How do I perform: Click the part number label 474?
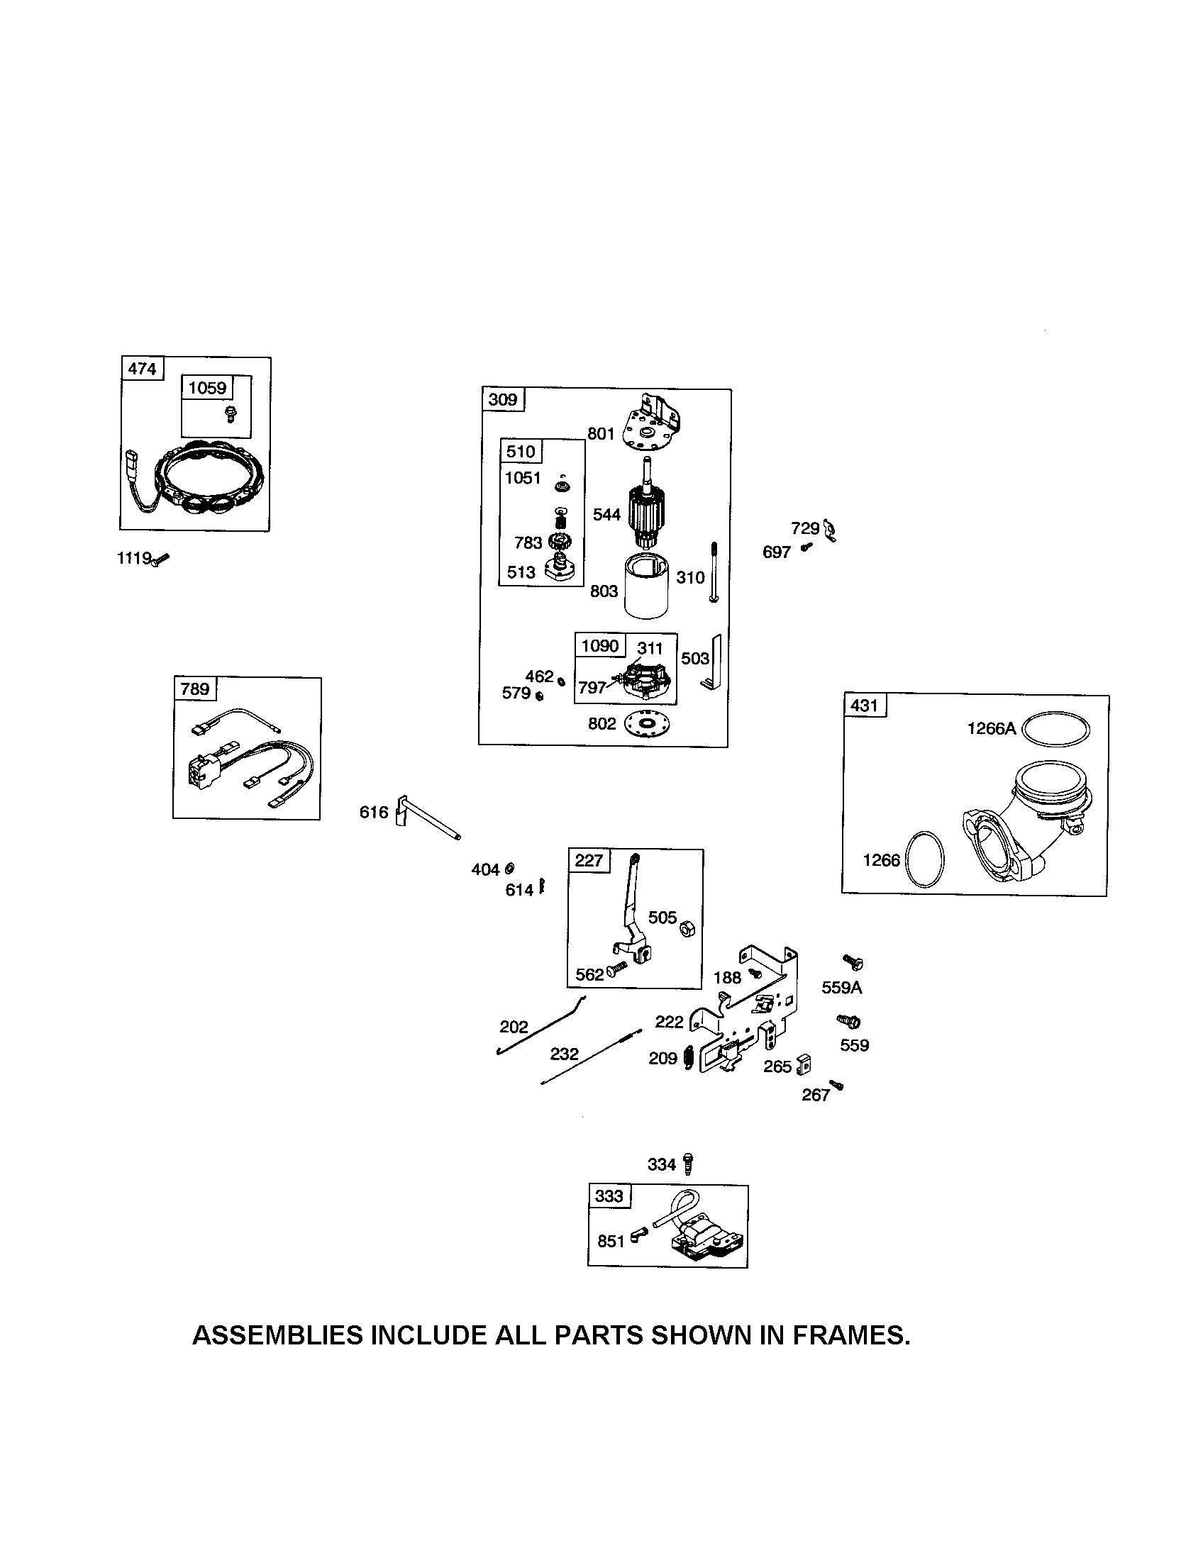coord(141,369)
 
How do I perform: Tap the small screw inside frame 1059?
coord(230,413)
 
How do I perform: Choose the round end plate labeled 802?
coord(650,724)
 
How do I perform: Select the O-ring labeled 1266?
coord(924,859)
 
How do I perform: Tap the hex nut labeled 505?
coord(688,928)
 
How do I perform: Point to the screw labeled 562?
coord(616,969)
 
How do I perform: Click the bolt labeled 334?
coord(688,1164)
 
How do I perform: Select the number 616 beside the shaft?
coord(374,812)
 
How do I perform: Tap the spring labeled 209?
coord(689,1057)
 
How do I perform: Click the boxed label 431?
coord(865,706)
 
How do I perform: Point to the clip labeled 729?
coord(829,530)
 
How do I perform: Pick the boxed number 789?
coord(194,689)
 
